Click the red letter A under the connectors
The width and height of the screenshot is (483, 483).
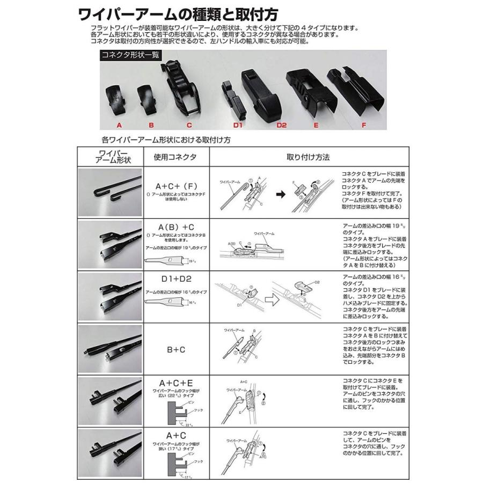pyautogui.click(x=120, y=125)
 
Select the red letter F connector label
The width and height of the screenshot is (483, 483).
pyautogui.click(x=364, y=125)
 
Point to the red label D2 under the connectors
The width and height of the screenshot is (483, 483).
pyautogui.click(x=281, y=125)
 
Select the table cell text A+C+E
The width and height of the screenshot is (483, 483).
pyautogui.click(x=175, y=382)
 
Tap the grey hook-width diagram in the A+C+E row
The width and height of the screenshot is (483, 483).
pyautogui.click(x=175, y=410)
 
